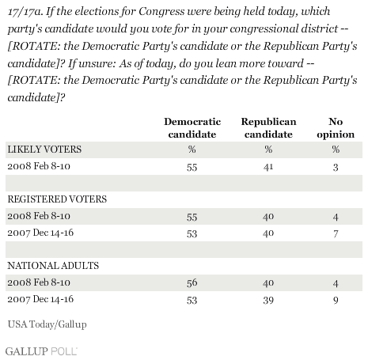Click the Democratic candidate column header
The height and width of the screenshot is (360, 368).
192,128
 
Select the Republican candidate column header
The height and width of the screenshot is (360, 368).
268,128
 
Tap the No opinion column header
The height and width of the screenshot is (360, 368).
336,128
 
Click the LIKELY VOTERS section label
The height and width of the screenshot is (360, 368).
44,150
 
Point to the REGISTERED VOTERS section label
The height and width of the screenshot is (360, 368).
57,199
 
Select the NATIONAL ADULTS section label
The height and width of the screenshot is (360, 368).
53,266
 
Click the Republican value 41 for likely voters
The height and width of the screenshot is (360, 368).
268,167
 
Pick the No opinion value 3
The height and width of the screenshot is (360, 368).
336,167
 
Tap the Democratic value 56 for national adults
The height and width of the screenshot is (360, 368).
192,283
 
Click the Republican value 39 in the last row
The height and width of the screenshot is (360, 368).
268,300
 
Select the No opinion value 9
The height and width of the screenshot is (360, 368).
336,300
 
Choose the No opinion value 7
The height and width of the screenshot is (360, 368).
336,233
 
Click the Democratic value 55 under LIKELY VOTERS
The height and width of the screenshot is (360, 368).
192,167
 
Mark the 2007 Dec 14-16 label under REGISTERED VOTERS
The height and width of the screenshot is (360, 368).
40,233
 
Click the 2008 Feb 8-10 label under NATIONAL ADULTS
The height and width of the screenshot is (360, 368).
39,282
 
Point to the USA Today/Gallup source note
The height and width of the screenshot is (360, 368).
47,324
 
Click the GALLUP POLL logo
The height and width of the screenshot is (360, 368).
41,351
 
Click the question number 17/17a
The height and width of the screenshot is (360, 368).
25,12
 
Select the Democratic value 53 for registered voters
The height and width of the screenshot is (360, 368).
192,233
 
